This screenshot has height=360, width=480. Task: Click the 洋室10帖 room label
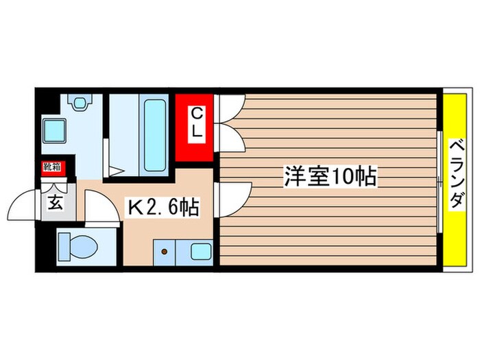(x=330, y=178)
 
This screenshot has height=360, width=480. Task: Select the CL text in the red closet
(x=196, y=123)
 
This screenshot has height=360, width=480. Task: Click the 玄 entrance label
(x=54, y=203)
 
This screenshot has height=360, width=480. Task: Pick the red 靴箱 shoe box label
(x=51, y=167)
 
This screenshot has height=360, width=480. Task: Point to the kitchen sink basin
(x=201, y=252)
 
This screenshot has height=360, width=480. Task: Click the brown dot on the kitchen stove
(x=165, y=252)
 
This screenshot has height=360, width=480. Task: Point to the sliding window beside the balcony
(x=438, y=181)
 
